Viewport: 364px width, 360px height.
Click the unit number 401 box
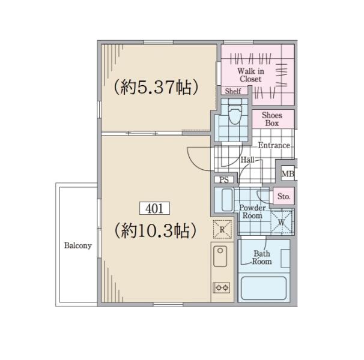click(x=154, y=208)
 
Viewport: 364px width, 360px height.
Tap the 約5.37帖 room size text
click(x=156, y=88)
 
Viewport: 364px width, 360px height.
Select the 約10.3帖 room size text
click(x=156, y=230)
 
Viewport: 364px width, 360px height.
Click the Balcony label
click(x=78, y=245)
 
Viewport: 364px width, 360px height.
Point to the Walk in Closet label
click(x=250, y=75)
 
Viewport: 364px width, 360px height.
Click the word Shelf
click(x=233, y=91)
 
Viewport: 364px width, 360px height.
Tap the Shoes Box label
click(x=272, y=119)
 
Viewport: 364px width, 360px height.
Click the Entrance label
click(x=274, y=145)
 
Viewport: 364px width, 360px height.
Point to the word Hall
click(x=247, y=160)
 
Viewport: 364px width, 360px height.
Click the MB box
click(x=288, y=173)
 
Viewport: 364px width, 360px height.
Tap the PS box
click(x=224, y=179)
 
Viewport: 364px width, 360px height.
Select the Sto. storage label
click(x=284, y=196)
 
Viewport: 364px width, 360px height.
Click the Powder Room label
click(x=252, y=212)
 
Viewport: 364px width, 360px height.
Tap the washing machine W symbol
click(x=281, y=222)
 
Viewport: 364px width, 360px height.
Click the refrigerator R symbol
click(x=222, y=229)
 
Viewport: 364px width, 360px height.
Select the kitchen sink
click(x=220, y=256)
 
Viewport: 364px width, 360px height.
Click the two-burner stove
click(x=222, y=287)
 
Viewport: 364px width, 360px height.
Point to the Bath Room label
click(x=262, y=257)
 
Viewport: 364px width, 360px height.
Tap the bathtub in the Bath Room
click(x=264, y=288)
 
